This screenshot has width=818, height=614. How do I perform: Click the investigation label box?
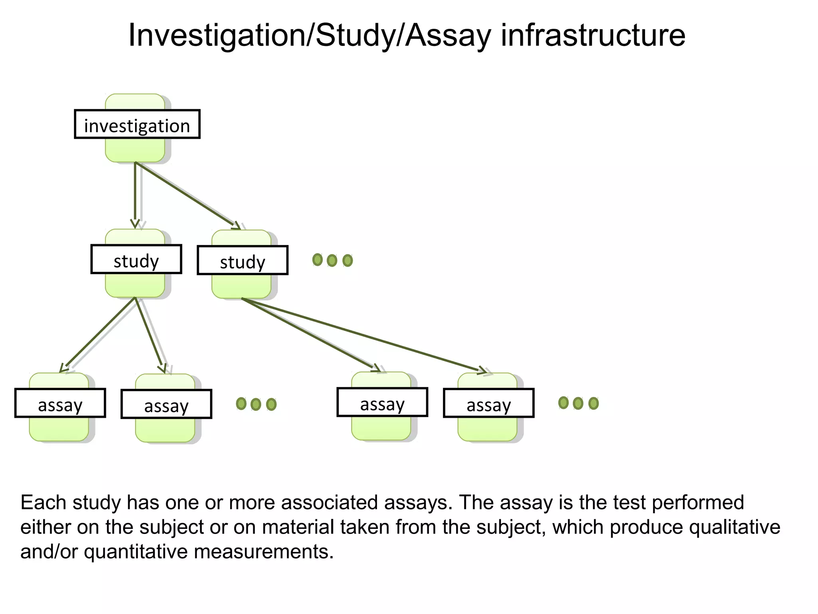tap(137, 124)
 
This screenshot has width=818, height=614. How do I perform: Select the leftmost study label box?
tap(136, 259)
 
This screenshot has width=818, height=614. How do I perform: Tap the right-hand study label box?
tap(242, 260)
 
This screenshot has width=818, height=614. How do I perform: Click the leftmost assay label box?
tap(60, 403)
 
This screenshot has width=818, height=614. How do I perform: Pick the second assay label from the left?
tap(166, 404)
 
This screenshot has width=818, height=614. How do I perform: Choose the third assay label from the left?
tap(382, 402)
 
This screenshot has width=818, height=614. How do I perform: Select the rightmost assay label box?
tap(488, 403)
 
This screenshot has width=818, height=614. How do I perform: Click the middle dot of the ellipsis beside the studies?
tap(332, 261)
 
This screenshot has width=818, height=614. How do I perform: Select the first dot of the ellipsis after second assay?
tap(241, 404)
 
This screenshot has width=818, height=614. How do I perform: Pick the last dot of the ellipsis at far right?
tap(594, 403)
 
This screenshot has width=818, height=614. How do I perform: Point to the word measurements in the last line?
tap(263, 552)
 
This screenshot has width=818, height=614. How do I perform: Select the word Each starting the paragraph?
tap(43, 502)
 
